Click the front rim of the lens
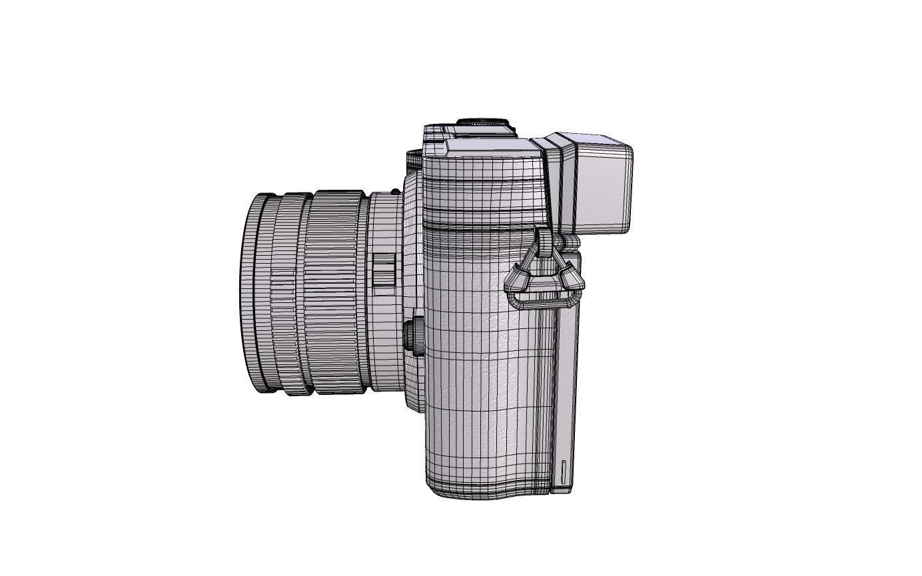point(248,293)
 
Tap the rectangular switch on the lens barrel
point(384,274)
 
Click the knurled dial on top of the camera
point(483,123)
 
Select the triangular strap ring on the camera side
point(544,280)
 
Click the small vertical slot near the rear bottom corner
point(564,472)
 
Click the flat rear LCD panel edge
point(567,373)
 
